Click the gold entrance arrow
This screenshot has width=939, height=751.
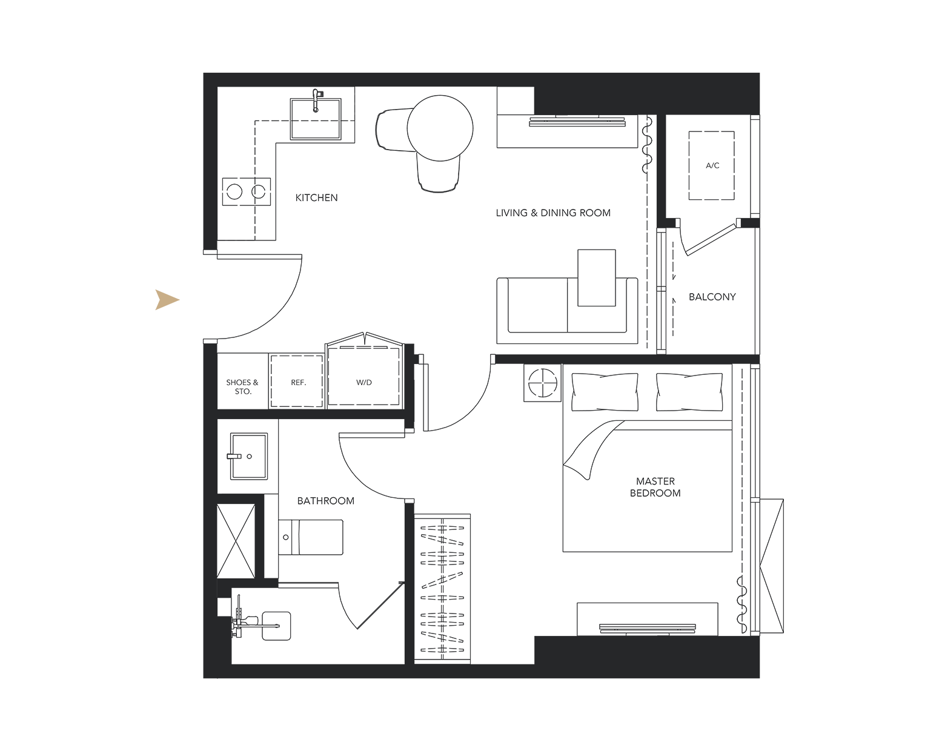166,300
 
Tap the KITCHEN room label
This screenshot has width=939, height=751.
316,197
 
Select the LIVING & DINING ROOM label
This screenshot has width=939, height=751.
553,213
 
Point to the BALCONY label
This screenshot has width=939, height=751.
712,297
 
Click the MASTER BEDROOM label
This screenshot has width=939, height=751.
655,487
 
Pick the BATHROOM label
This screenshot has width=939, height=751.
325,501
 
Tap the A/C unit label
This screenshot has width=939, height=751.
712,165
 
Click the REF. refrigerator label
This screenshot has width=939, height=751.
299,383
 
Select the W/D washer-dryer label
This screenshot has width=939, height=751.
364,383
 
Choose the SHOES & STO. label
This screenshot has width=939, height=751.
242,387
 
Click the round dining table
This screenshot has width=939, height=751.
440,128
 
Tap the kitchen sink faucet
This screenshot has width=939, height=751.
316,101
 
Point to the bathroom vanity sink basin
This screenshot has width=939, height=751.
249,456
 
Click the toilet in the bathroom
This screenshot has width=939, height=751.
311,537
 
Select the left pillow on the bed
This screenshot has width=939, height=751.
605,391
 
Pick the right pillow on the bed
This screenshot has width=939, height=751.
689,391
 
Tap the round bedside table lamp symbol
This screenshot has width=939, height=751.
542,382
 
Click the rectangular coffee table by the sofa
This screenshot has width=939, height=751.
597,278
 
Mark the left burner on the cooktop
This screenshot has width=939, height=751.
234,192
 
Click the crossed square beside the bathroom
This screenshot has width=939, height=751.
236,541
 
